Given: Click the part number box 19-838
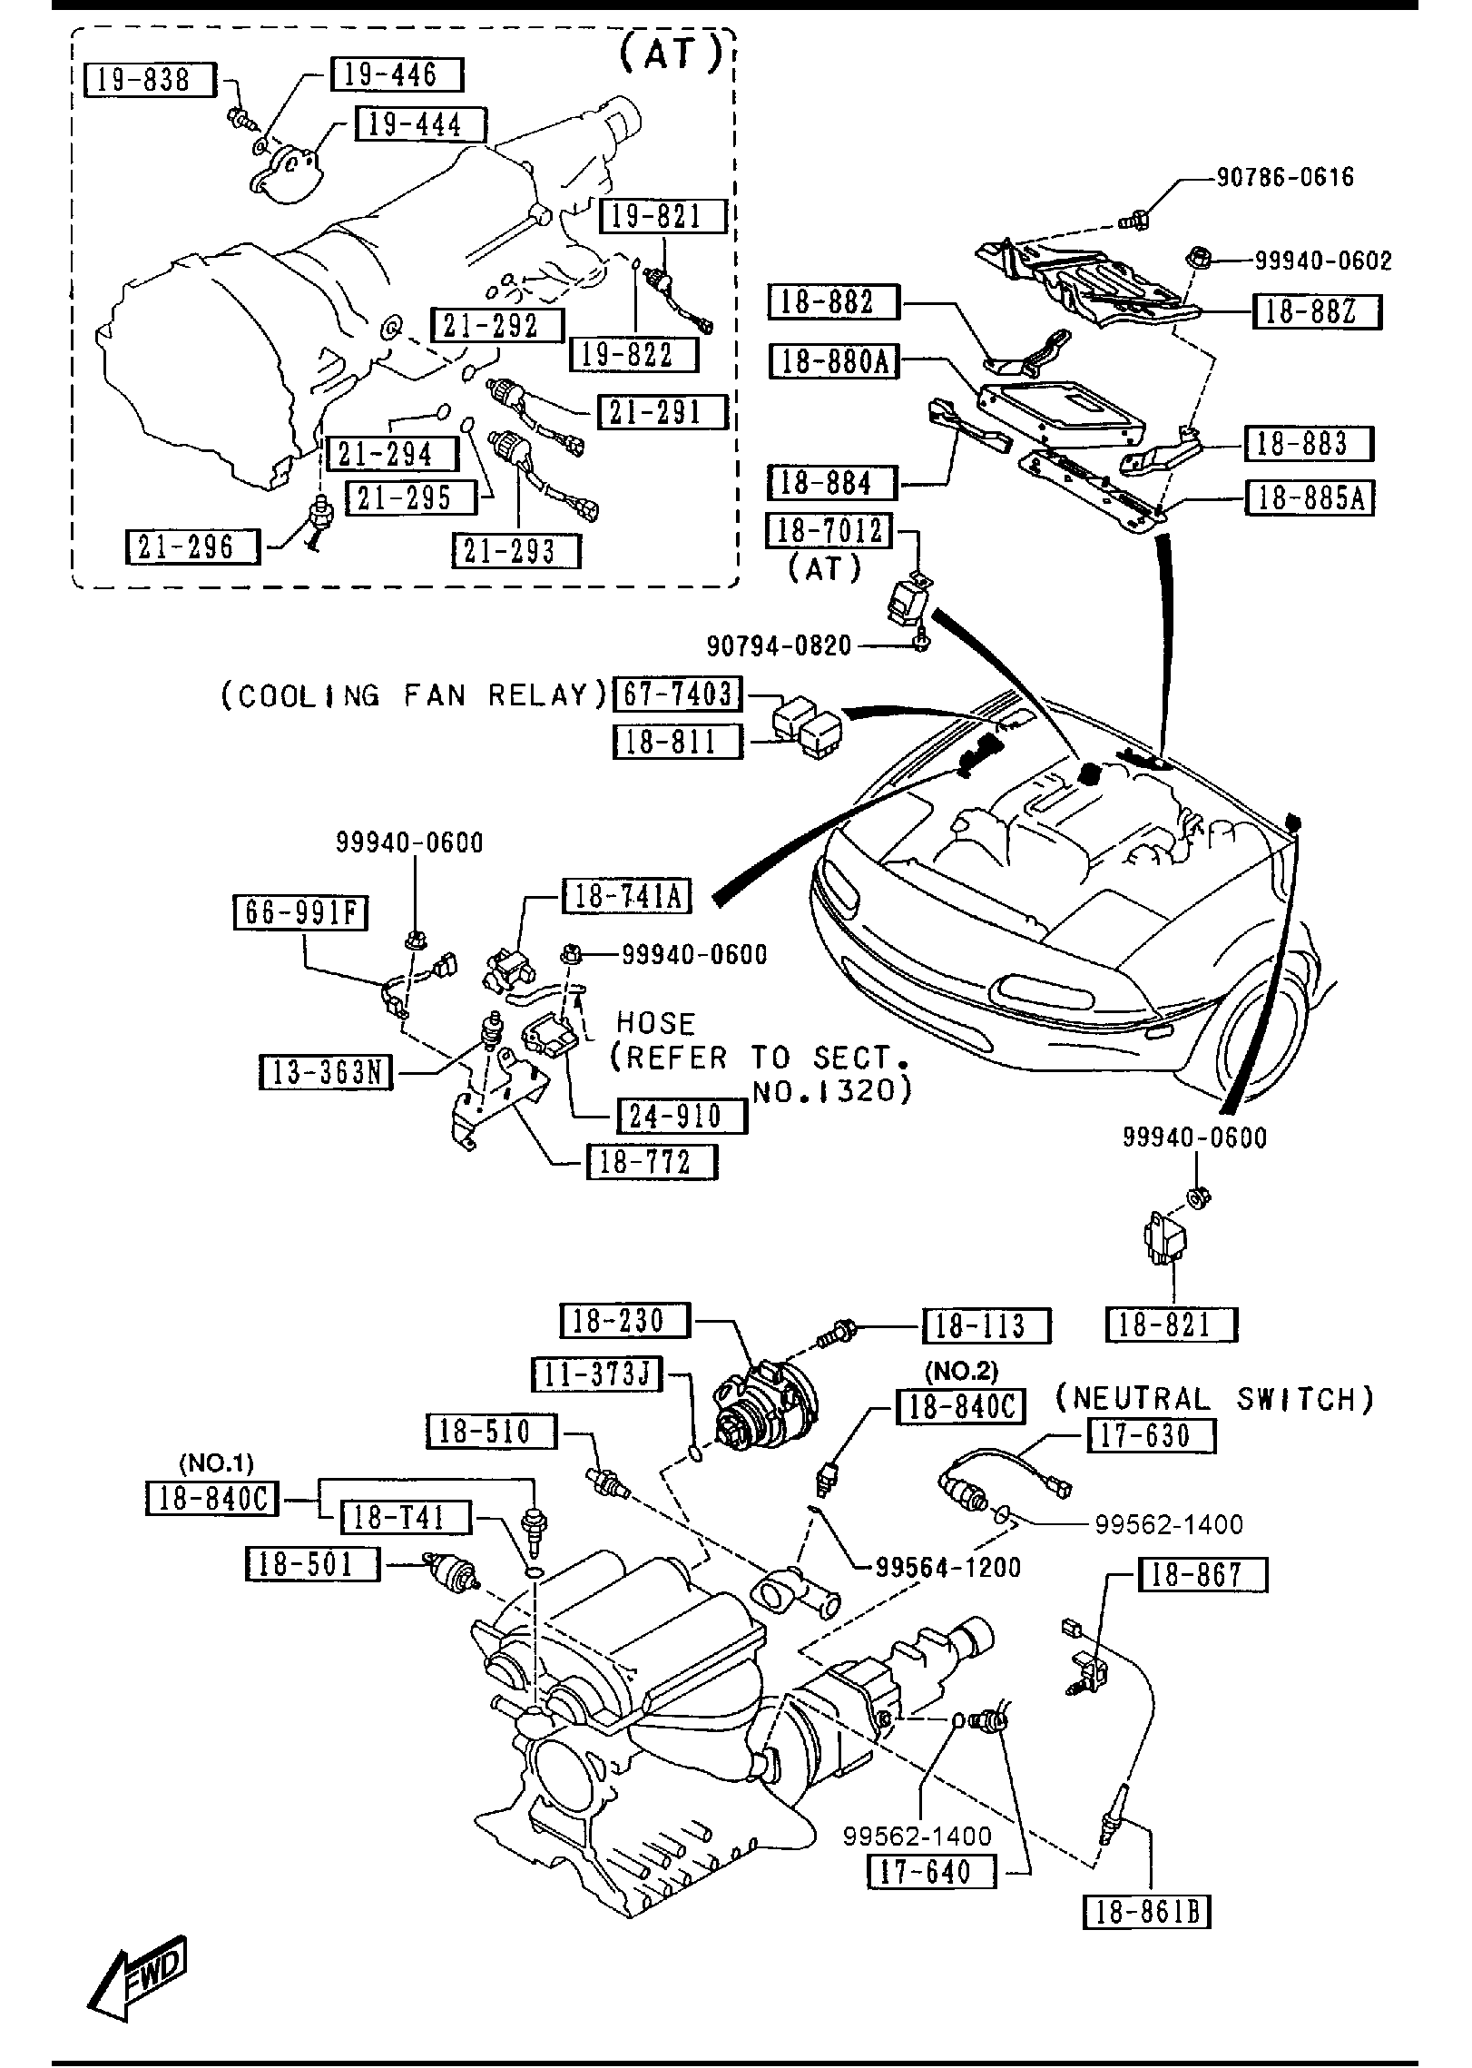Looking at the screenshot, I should coord(149,80).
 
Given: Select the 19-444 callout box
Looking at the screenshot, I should coord(419,124).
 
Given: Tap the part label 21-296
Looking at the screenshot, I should coord(191,547).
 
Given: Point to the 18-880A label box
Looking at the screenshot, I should coord(833,361).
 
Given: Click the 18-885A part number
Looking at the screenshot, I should coord(1310,498).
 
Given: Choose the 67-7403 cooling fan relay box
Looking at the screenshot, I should coord(678,694).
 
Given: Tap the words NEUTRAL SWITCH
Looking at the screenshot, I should coord(1214,1399).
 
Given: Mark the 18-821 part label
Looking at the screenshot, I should coord(1171,1325).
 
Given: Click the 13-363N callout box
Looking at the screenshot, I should coord(326,1073).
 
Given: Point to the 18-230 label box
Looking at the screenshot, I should coord(625,1321).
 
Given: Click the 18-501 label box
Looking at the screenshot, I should coord(312,1564).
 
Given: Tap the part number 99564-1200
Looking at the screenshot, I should coord(948,1566).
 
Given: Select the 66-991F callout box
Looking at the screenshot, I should coord(300,912).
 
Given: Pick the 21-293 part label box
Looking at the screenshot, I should coord(515,551).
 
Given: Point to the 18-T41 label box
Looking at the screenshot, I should coord(405,1517).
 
